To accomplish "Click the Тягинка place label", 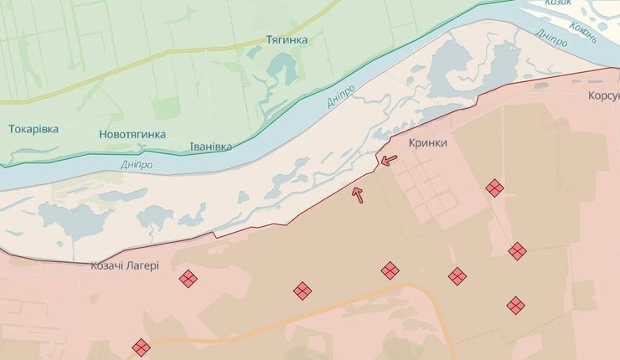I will point(287,39).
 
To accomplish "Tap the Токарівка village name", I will point(34,129).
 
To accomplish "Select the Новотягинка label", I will point(132,134).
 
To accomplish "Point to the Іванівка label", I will point(209,147).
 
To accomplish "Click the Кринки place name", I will point(427,143).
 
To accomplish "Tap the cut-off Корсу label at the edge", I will point(603,95).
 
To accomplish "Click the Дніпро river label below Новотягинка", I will point(137,165).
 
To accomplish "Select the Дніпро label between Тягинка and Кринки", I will point(341,98).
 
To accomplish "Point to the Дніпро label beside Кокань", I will point(551,39).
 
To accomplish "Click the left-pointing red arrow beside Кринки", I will point(388,159).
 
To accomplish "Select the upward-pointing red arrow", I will point(358,195).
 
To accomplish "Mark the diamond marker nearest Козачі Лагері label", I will point(189,279).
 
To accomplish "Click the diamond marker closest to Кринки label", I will point(494,188).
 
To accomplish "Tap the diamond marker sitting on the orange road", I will point(141,347).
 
